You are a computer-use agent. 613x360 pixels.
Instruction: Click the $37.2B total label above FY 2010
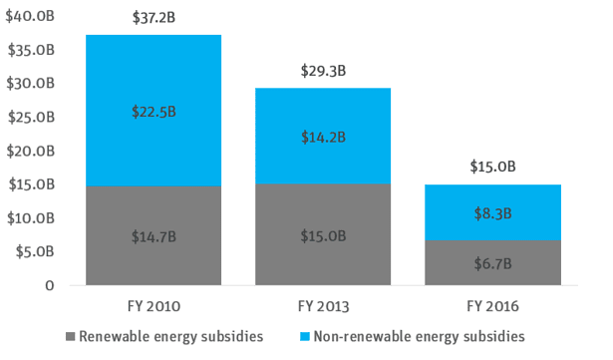pos(153,19)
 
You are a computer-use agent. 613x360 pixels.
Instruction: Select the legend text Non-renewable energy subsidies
pos(418,337)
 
